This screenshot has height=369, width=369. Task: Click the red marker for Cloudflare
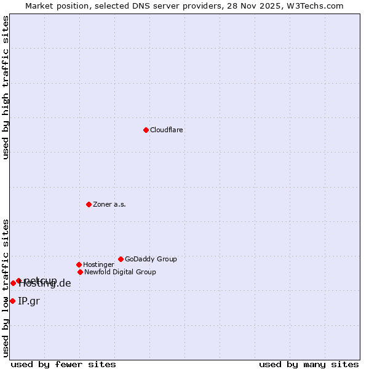coord(146,130)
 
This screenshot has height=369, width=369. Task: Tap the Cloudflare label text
coord(167,130)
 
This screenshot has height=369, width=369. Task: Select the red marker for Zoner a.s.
coord(89,204)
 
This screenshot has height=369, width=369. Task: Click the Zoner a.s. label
coord(109,204)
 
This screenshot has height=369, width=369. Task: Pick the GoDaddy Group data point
coord(121,259)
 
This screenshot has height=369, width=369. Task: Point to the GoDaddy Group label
coord(151,259)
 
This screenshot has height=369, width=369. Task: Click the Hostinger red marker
coord(79,264)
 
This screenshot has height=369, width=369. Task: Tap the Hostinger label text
coord(98,264)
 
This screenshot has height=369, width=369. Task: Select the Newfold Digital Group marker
coord(80,272)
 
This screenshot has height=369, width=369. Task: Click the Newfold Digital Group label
coord(120,272)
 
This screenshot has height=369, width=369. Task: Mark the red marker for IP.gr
coord(12,301)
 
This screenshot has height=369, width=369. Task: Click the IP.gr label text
coord(29,301)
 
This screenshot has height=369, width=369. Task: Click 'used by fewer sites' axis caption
coord(63,364)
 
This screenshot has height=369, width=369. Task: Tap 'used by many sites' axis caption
coord(309,364)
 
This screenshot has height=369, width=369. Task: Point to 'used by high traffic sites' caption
coord(6,87)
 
